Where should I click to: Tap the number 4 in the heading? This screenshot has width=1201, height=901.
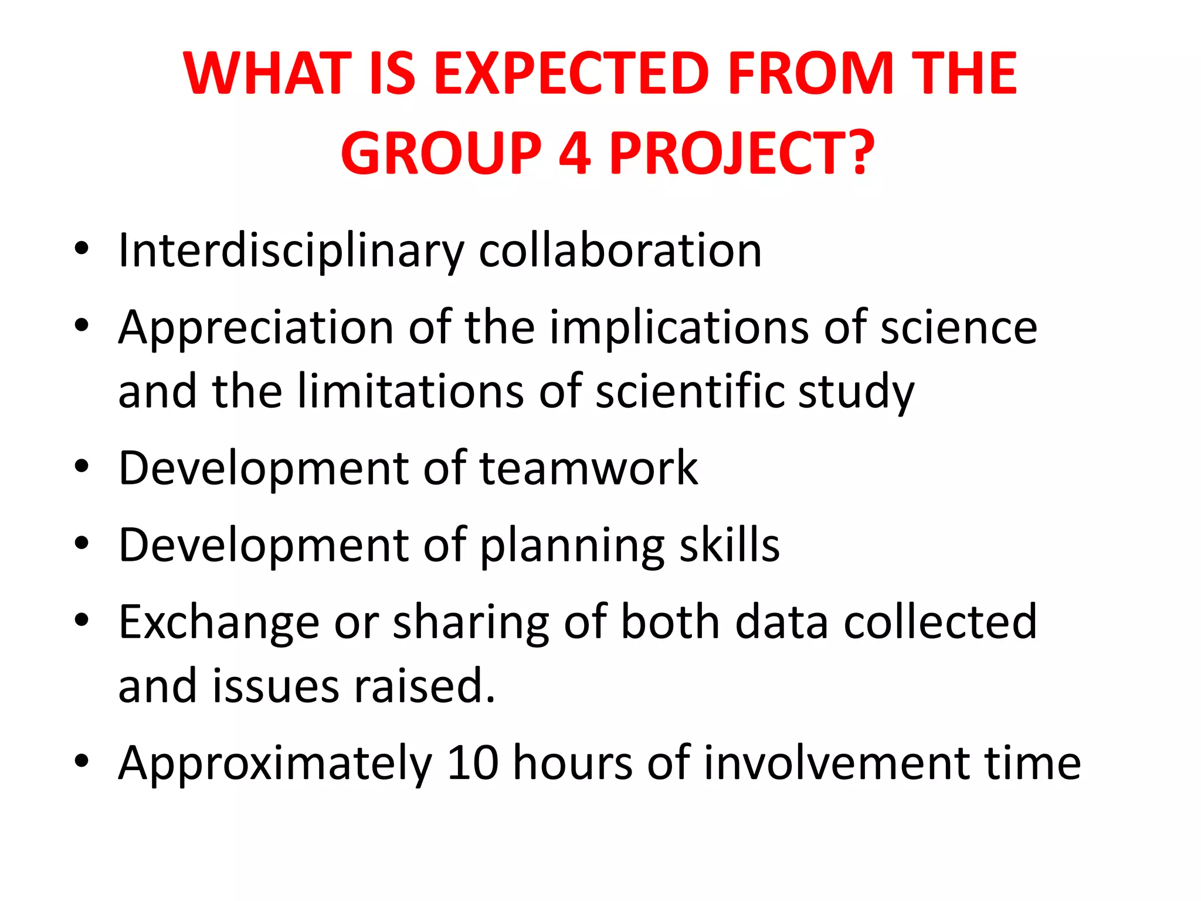[575, 154]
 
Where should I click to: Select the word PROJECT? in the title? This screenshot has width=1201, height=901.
[742, 154]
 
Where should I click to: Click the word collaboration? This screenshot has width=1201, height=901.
[620, 251]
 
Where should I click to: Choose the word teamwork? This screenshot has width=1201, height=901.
[589, 468]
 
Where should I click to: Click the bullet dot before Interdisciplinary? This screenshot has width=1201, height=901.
[82, 249]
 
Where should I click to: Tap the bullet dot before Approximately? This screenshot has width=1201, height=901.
[82, 761]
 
